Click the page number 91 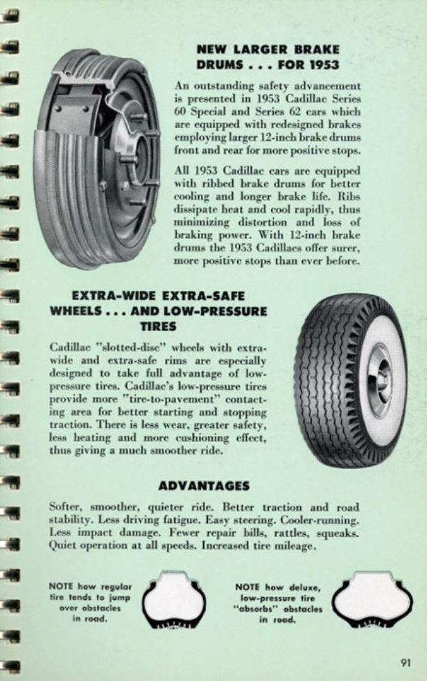tap(406, 662)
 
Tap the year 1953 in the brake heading tap(321, 66)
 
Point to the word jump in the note tap(120, 597)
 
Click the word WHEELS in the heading tap(78, 310)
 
